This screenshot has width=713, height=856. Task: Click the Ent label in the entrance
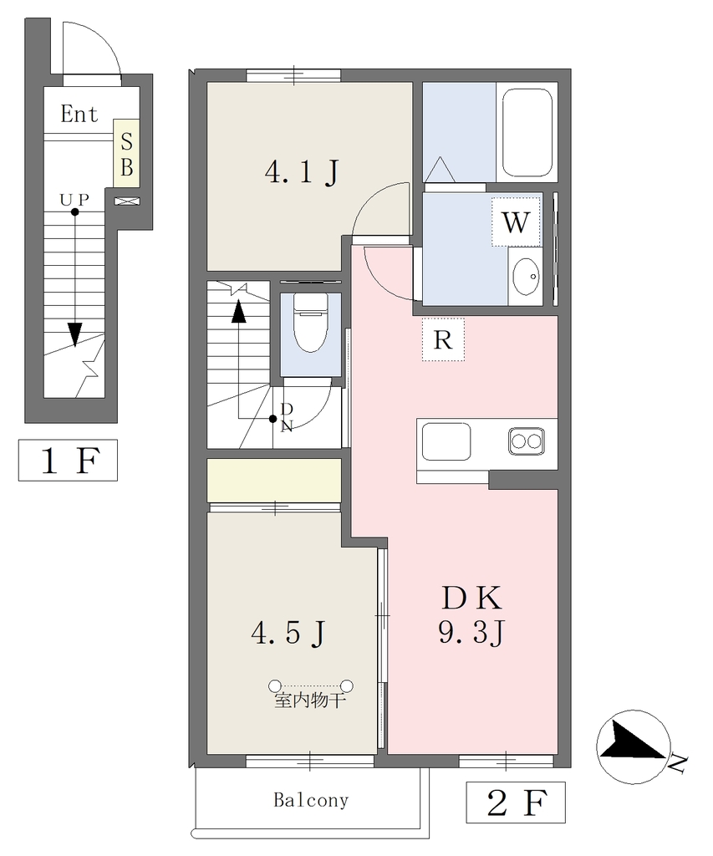[79, 114]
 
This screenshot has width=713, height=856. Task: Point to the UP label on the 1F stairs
[74, 200]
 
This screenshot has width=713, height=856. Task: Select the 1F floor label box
[68, 460]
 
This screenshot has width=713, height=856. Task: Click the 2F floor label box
[516, 802]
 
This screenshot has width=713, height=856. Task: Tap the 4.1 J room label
[302, 172]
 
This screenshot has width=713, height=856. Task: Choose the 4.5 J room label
[288, 633]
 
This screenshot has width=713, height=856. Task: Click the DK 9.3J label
[471, 615]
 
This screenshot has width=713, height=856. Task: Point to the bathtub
[527, 132]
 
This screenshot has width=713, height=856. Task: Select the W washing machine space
[516, 222]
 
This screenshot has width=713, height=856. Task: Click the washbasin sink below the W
[527, 276]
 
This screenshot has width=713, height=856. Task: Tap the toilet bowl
[310, 324]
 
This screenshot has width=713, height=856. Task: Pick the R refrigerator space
[443, 339]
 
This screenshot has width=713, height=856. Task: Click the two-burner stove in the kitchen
[527, 441]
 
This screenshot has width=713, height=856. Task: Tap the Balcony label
[311, 800]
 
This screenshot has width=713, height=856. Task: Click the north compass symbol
[634, 746]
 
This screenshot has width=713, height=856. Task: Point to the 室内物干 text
[309, 701]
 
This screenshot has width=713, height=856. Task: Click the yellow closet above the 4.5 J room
[274, 480]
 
